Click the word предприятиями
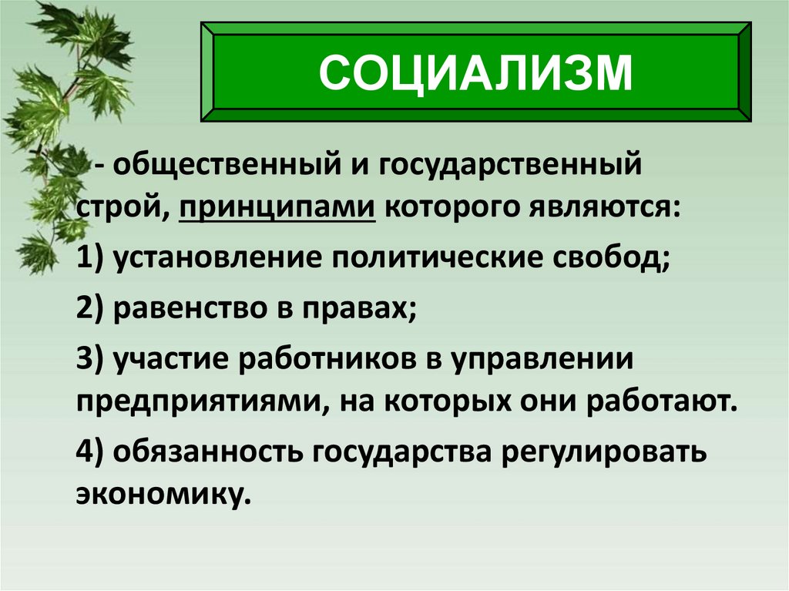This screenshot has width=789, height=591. (197, 401)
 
